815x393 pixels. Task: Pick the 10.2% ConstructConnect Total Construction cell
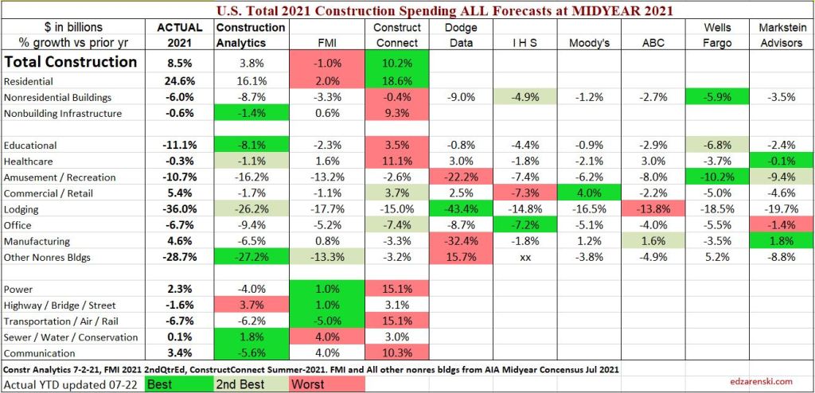396,62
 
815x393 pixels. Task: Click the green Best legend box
183,384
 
